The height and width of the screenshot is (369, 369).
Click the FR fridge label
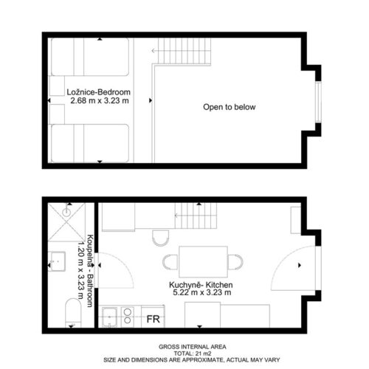tap(153, 319)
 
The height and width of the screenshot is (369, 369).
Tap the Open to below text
tap(230, 107)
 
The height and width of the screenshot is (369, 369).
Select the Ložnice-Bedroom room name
tap(99, 92)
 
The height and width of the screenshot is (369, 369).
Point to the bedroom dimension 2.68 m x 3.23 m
tap(100, 100)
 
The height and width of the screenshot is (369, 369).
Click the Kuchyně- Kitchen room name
tap(201, 285)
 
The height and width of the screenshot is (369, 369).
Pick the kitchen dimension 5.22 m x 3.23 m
tap(202, 292)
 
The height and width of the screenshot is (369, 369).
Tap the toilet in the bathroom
tap(73, 313)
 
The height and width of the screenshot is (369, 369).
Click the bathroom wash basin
tap(57, 261)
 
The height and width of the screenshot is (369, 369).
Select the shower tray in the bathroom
tap(66, 221)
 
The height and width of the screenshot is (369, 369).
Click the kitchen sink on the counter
tap(109, 317)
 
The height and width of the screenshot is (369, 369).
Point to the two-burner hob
tap(128, 317)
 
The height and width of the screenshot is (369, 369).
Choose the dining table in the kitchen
tap(204, 262)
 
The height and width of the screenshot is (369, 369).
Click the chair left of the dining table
tap(170, 262)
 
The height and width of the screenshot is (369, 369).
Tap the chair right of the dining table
tap(235, 262)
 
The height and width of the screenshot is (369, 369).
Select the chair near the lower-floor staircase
tap(160, 238)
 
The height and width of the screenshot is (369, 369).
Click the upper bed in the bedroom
tap(90, 57)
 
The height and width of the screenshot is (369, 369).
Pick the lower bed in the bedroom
tap(90, 143)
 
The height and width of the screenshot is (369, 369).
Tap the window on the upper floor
tap(318, 102)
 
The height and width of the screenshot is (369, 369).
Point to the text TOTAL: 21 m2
tap(193, 354)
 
